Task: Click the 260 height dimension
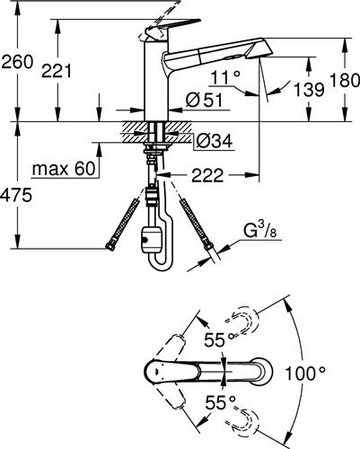pyautogui.click(x=17, y=63)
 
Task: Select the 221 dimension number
pyautogui.click(x=57, y=72)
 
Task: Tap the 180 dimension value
pyautogui.click(x=345, y=80)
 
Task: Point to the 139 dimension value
pyautogui.click(x=309, y=90)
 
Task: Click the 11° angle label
pyautogui.click(x=225, y=77)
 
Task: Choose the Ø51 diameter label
pyautogui.click(x=205, y=100)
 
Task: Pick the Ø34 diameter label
pyautogui.click(x=214, y=141)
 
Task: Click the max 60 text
pyautogui.click(x=64, y=169)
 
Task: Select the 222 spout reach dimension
pyautogui.click(x=207, y=175)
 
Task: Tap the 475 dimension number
pyautogui.click(x=16, y=196)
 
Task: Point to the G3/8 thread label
pyautogui.click(x=259, y=231)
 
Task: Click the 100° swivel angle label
pyautogui.click(x=305, y=374)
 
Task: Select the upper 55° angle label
pyautogui.click(x=219, y=339)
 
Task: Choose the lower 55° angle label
pyautogui.click(x=221, y=402)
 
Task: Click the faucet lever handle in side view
pyautogui.click(x=171, y=27)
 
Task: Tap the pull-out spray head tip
pyautogui.click(x=259, y=48)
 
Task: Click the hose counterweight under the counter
pyautogui.click(x=152, y=239)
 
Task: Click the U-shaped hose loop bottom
pyautogui.click(x=162, y=267)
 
